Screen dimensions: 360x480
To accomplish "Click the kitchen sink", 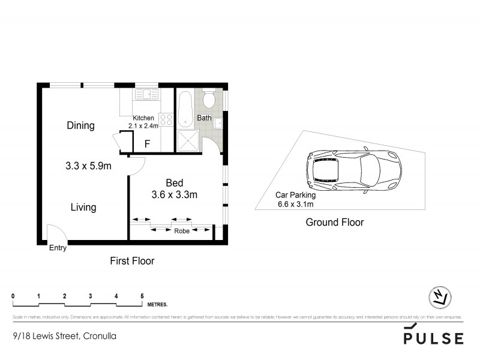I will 146,94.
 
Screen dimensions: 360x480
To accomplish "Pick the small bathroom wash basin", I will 219,124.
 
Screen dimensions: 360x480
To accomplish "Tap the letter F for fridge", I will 148,144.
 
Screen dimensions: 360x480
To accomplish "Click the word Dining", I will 80,126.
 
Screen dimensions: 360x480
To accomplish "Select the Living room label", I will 83,208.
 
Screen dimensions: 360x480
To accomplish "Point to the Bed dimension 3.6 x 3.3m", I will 174,194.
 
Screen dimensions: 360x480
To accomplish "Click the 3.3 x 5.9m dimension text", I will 88,166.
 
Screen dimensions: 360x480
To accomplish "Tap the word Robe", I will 182,230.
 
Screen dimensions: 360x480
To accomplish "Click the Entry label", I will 58,247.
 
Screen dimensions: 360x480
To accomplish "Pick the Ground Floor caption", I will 335,223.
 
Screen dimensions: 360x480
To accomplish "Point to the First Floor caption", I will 132,261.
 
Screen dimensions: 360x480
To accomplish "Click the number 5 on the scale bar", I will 142,296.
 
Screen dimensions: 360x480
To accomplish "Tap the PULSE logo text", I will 433,338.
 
